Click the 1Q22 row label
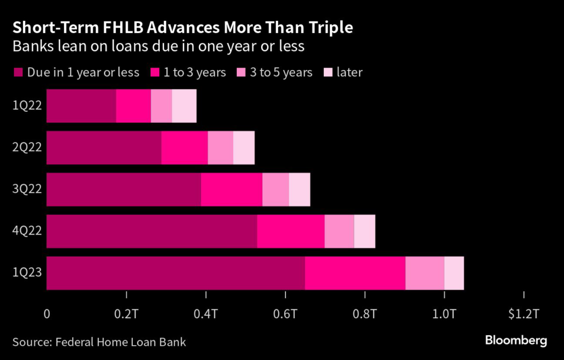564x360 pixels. [x=26, y=106]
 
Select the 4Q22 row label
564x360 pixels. [x=26, y=231]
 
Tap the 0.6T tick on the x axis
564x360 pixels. [x=285, y=314]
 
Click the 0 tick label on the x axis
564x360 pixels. [x=47, y=314]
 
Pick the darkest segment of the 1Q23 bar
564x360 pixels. [x=175, y=273]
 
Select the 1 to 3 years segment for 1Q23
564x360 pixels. [x=355, y=273]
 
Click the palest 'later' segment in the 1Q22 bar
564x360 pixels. [x=184, y=106]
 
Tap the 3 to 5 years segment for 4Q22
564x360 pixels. [x=339, y=231]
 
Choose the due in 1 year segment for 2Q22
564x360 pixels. [x=104, y=148]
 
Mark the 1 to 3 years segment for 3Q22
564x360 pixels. [x=231, y=189]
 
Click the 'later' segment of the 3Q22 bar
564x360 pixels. [x=299, y=189]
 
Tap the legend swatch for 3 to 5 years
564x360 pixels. [x=241, y=73]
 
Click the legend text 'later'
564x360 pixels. [x=349, y=73]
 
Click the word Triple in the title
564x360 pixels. [x=325, y=27]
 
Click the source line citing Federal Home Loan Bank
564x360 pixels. [x=99, y=342]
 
